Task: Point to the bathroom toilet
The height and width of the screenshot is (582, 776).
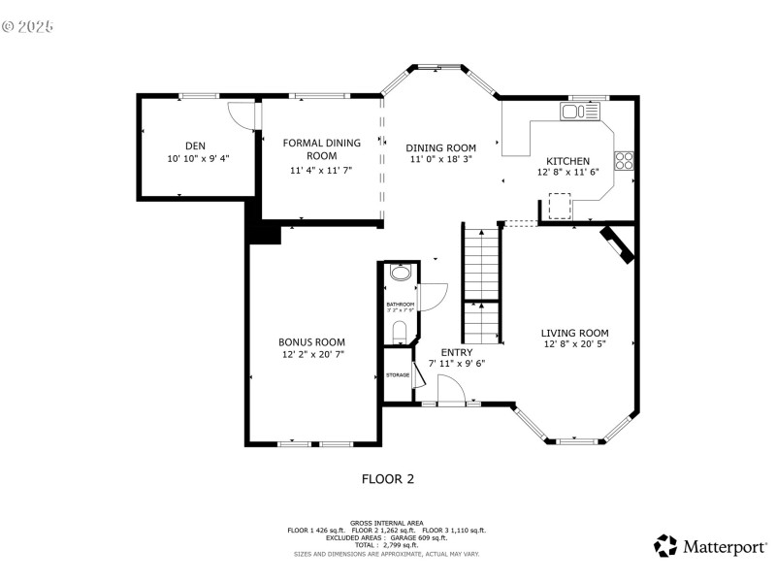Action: [x=399, y=333]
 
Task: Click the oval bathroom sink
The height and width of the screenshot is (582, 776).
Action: [x=399, y=275]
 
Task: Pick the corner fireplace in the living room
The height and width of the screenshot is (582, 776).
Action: [x=617, y=244]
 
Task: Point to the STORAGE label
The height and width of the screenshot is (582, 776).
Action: [x=398, y=374]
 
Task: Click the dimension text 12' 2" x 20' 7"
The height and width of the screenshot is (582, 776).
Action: [x=311, y=355]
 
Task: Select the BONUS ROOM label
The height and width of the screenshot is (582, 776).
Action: [x=311, y=342]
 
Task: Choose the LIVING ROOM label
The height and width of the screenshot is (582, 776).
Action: [x=574, y=333]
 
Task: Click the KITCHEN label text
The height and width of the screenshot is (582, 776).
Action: [x=567, y=161]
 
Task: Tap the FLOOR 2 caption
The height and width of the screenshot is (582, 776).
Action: [x=388, y=478]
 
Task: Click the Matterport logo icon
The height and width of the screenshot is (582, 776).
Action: [x=665, y=546]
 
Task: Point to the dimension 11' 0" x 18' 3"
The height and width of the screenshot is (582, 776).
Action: [x=440, y=159]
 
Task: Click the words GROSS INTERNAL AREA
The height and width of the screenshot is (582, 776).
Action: [x=386, y=522]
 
